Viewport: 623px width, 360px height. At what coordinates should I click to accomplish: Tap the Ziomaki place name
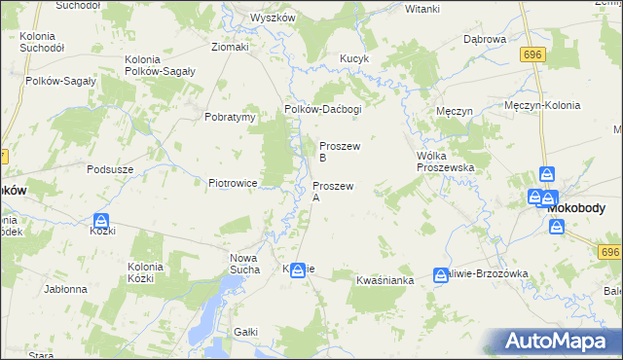231,46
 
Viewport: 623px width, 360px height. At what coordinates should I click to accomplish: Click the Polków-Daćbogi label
322,110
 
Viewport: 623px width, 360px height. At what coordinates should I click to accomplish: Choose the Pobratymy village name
230,117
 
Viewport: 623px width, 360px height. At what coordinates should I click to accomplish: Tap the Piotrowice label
232,182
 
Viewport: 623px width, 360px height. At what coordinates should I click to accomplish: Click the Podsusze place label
109,168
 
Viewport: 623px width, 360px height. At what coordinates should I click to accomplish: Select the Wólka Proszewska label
444,162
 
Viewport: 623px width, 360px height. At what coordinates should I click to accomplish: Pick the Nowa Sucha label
244,264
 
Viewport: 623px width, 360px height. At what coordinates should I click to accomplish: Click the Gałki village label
245,332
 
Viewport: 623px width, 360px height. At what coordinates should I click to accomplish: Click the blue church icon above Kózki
101,221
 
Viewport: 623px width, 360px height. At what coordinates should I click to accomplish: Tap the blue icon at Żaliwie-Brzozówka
440,274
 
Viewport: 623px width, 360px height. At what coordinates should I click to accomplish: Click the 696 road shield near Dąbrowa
531,55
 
